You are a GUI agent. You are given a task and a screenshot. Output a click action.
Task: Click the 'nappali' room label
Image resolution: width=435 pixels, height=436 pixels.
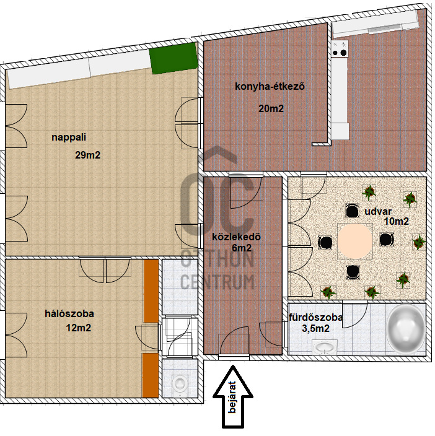(69, 137)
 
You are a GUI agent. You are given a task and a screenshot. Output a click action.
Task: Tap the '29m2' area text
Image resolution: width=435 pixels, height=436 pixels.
(87, 155)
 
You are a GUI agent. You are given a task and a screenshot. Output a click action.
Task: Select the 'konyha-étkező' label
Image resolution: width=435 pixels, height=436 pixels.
(270, 87)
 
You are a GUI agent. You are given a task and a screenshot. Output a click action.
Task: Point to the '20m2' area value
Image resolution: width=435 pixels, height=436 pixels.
(271, 108)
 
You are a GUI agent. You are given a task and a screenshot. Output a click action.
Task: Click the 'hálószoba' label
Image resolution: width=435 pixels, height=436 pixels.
(69, 314)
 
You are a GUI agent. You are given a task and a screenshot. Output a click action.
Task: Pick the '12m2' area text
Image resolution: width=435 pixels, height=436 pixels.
(79, 328)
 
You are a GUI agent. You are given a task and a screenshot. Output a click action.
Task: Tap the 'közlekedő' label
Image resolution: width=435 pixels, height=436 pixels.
(237, 237)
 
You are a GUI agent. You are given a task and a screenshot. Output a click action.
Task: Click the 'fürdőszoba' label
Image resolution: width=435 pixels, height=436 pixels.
(315, 318)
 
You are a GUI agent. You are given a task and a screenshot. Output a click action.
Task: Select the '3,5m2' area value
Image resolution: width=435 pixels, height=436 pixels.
(315, 329)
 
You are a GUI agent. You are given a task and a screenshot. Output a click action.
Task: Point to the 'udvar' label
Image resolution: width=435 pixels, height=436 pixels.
(378, 212)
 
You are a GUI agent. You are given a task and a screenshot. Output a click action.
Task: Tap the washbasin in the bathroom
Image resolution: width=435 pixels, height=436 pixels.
(325, 347)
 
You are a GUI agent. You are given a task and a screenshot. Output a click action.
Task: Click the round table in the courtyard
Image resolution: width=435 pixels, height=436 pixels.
(355, 241)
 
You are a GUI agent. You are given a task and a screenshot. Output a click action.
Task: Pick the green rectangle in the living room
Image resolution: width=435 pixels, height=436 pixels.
(174, 58)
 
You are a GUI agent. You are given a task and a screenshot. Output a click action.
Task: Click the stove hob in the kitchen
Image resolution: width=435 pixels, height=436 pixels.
(340, 49)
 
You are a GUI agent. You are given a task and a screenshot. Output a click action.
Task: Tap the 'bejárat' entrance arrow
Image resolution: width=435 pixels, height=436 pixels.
(233, 397)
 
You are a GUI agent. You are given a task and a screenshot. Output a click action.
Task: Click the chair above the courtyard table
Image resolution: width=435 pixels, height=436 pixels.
(353, 211)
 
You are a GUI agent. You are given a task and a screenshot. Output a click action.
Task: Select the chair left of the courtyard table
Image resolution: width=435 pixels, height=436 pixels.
(325, 242)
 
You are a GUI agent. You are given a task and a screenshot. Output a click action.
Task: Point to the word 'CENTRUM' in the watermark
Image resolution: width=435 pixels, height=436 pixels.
(217, 281)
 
